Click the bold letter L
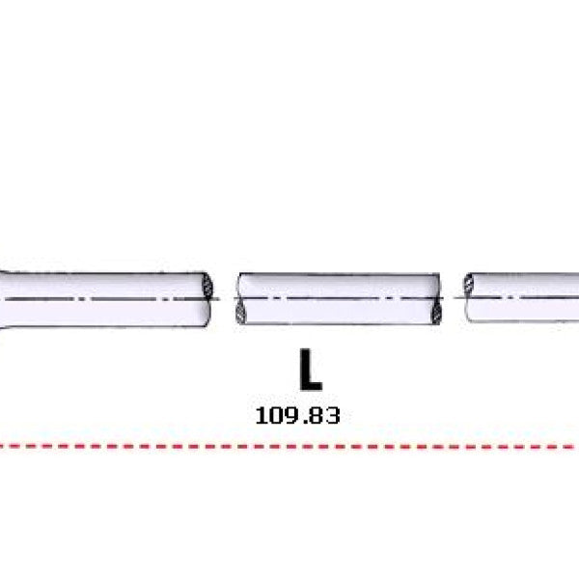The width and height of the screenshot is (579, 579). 310,370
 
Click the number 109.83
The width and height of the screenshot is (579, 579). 297,415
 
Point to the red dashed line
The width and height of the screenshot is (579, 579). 289,447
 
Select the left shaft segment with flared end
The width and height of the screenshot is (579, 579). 105,299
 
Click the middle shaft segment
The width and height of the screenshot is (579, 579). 338,299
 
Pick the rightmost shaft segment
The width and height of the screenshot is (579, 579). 521,297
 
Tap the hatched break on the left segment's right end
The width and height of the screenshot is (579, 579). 207,287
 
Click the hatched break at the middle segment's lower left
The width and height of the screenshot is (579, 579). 240,311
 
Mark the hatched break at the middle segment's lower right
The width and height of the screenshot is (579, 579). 437,311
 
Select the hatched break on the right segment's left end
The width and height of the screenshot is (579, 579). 468,285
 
